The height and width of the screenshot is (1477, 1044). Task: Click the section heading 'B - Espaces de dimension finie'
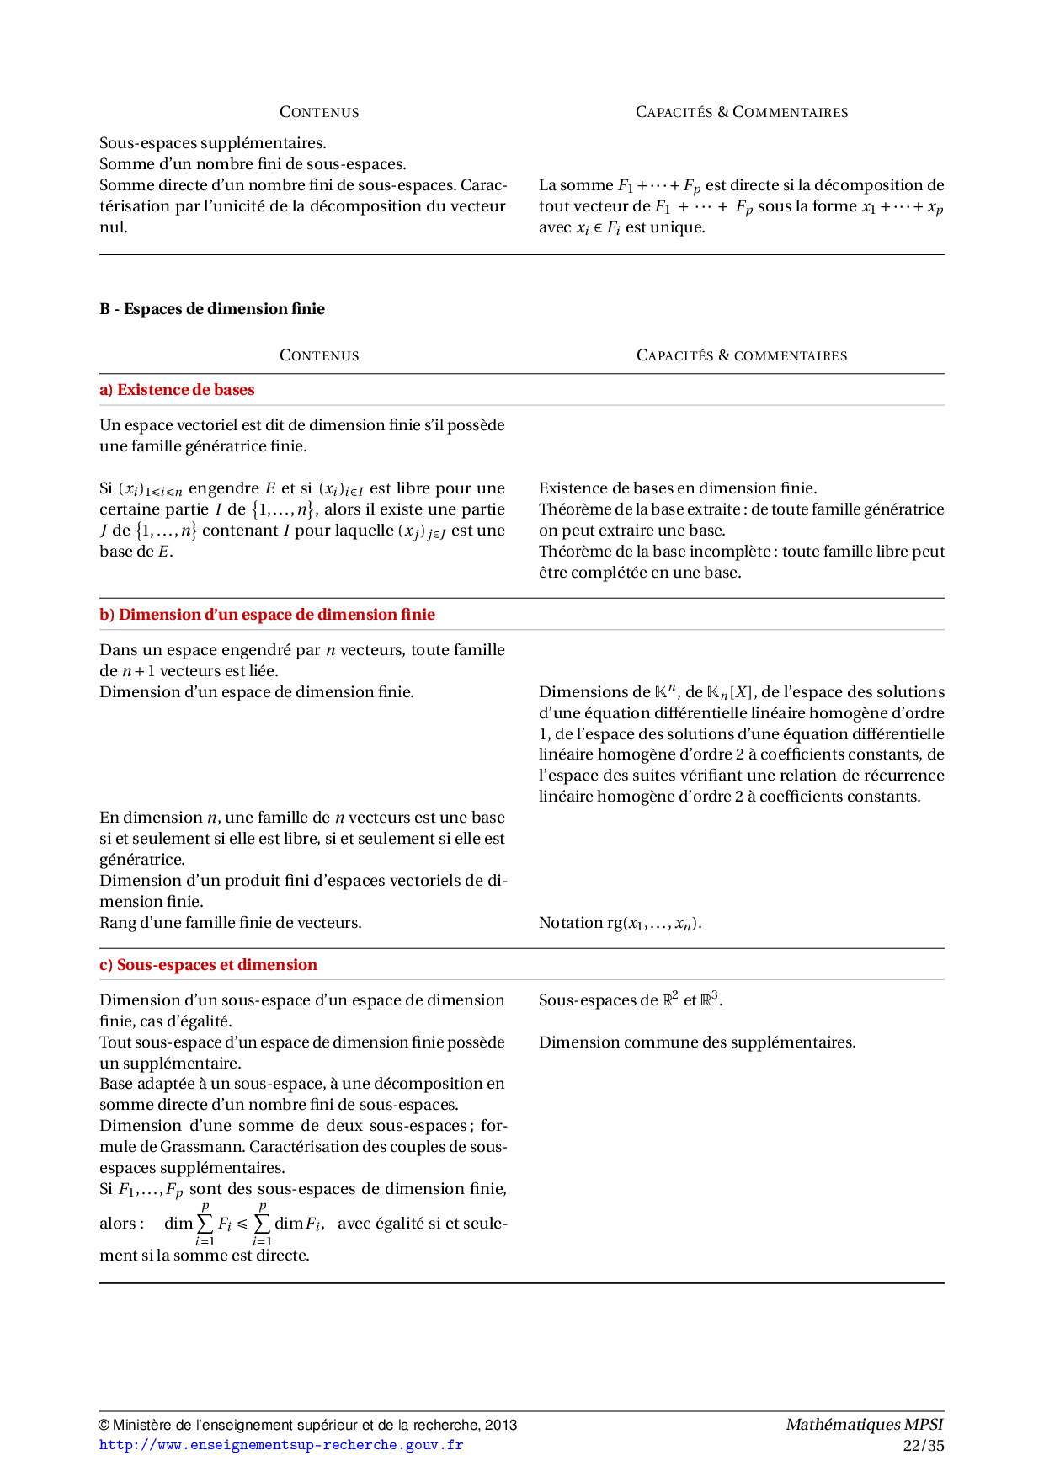click(x=212, y=309)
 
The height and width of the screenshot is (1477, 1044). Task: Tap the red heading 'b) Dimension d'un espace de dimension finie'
click(x=267, y=615)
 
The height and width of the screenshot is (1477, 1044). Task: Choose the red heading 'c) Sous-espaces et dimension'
click(x=208, y=965)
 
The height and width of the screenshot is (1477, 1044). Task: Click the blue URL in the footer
click(x=281, y=1445)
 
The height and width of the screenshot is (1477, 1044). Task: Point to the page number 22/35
click(x=923, y=1446)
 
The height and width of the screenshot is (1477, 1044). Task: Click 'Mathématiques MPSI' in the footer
click(x=864, y=1425)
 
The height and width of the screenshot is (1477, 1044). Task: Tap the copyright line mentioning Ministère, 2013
click(x=308, y=1425)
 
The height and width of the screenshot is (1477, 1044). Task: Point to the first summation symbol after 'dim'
click(x=205, y=1224)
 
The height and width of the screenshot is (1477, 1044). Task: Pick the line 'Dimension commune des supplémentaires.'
click(x=697, y=1042)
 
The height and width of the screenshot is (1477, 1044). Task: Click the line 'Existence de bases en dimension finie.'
click(x=678, y=488)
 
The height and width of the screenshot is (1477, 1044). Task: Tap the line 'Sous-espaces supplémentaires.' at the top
click(x=213, y=143)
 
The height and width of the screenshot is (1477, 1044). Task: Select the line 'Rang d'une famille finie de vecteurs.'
click(x=231, y=923)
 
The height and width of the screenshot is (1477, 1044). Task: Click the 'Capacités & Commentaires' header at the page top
click(x=742, y=112)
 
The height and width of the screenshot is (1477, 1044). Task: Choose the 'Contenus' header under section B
click(x=319, y=355)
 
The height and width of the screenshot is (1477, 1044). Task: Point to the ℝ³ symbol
click(x=711, y=1000)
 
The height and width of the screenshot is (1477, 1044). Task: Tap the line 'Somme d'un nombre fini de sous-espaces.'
click(x=253, y=164)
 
